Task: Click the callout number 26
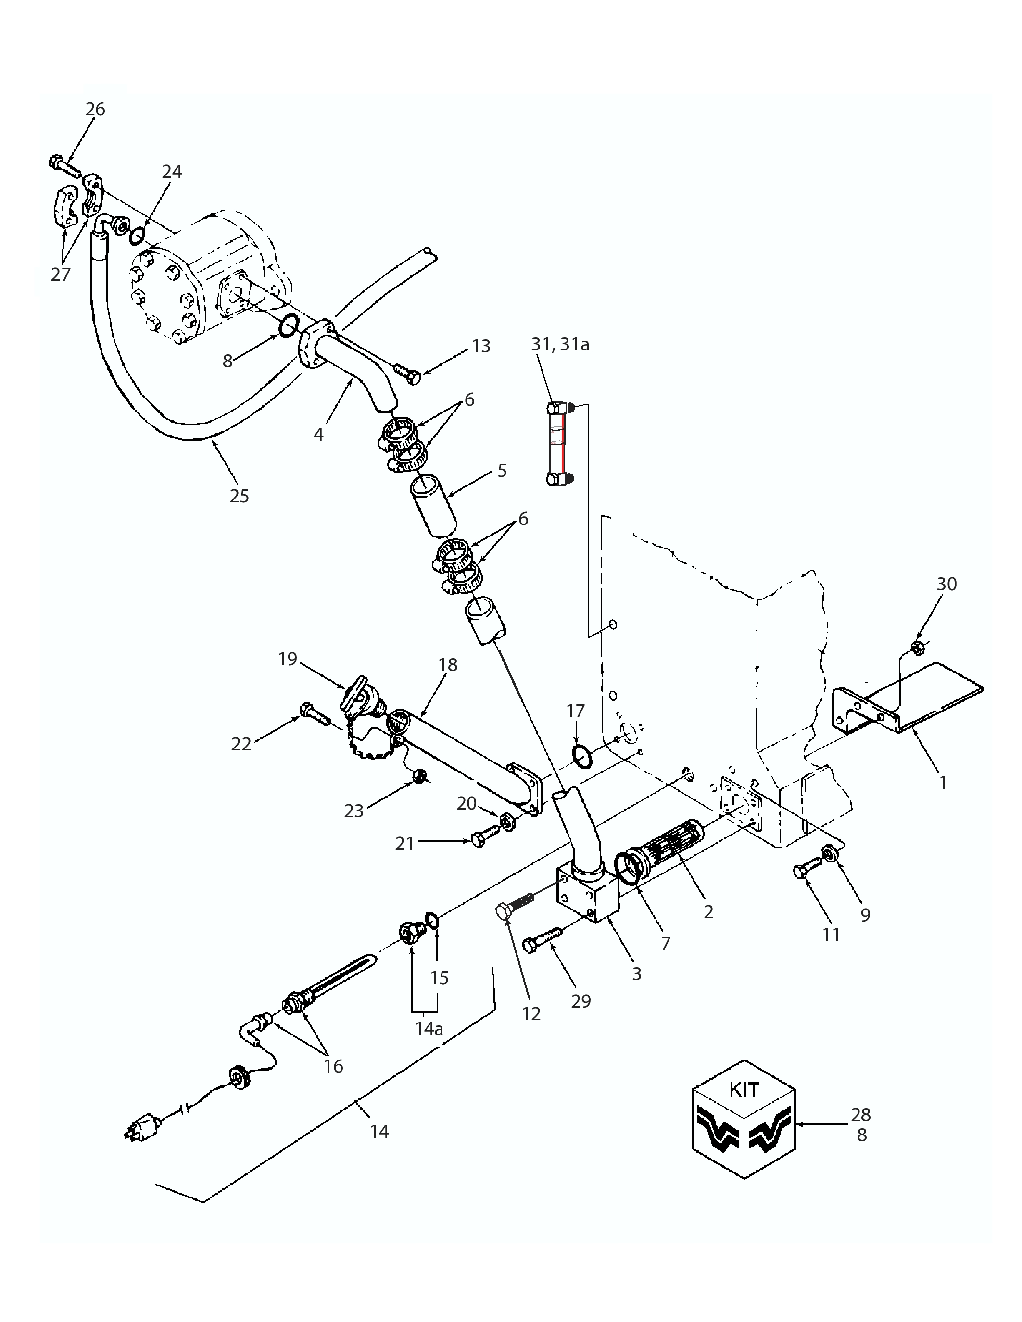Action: (95, 110)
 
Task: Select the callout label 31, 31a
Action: (560, 344)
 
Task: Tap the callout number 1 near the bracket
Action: (943, 783)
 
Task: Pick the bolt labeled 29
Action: (543, 939)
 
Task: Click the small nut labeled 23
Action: (418, 775)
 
